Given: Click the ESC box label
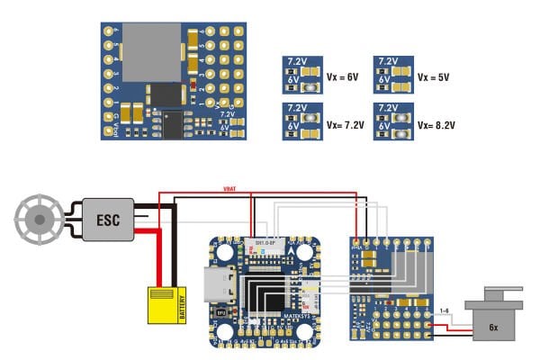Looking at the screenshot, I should coord(107,218).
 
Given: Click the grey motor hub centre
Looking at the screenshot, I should coord(38,217).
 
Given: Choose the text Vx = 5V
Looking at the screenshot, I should coord(436,76).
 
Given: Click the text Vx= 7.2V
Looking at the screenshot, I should coord(346,125).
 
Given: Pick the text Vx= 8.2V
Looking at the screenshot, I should coord(437,125).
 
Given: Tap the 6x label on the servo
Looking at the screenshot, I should coord(492,326).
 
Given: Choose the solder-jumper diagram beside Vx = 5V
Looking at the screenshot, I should coord(393,76).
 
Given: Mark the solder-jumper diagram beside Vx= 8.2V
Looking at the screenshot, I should coord(393,124).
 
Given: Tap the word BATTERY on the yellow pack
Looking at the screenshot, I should coord(181,306).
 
